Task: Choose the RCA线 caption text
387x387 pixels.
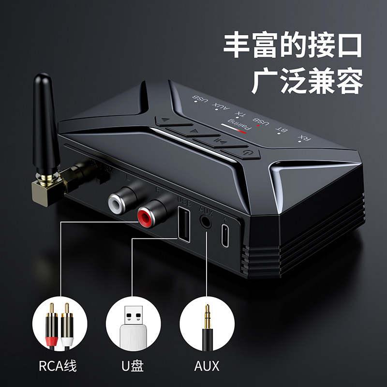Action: tap(59, 365)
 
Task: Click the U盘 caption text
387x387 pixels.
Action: tap(133, 365)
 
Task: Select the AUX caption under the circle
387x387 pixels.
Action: tap(207, 365)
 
